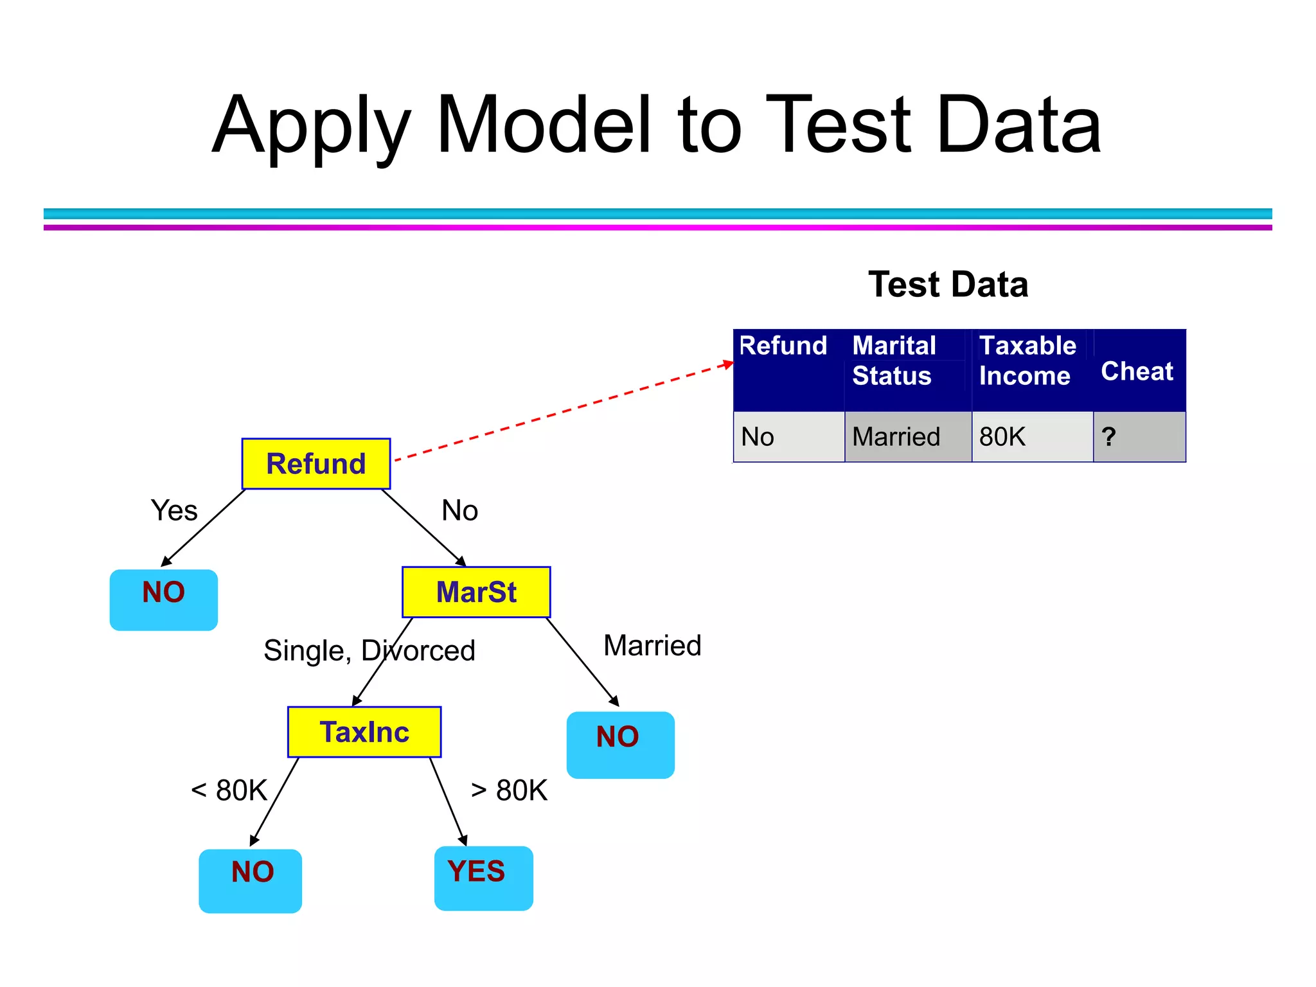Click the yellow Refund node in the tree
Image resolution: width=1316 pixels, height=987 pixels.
click(x=316, y=464)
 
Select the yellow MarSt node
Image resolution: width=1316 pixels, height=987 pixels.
click(x=476, y=592)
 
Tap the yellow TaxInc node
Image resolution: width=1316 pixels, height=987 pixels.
click(x=364, y=732)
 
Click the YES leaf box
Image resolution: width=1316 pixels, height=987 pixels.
click(x=483, y=878)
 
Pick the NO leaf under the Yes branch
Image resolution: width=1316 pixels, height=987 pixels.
click(x=164, y=600)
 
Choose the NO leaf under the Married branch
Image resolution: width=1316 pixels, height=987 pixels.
click(x=620, y=745)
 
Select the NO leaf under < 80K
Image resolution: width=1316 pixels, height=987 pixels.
click(x=250, y=880)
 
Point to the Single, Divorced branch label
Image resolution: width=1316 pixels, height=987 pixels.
click(x=369, y=650)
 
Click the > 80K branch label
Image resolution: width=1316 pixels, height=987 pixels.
click(x=509, y=790)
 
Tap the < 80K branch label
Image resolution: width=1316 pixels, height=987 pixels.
click(x=229, y=790)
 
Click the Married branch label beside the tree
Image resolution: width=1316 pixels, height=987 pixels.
click(x=652, y=645)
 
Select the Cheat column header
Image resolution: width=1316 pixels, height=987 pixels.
click(x=1137, y=371)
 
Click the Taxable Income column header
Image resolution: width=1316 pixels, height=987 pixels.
click(x=1027, y=360)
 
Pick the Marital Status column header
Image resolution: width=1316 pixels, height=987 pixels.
click(x=894, y=360)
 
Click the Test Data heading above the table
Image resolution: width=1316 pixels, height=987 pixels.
click(x=948, y=284)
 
